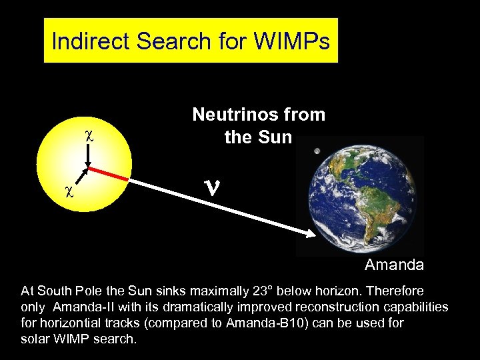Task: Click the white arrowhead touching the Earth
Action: click(x=311, y=234)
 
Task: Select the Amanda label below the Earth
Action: click(x=394, y=265)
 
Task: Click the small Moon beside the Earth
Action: click(x=317, y=151)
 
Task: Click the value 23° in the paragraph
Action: click(x=259, y=291)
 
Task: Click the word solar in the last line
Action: click(x=35, y=339)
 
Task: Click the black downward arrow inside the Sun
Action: click(x=89, y=156)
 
